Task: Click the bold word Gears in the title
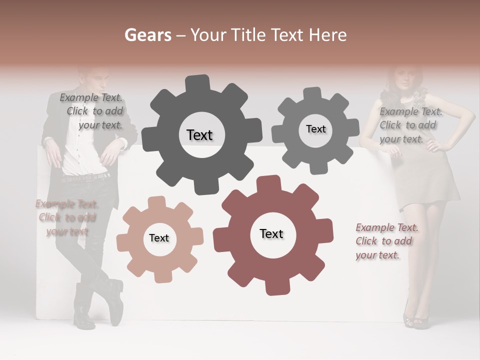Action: (x=147, y=35)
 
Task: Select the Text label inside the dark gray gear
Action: (x=199, y=135)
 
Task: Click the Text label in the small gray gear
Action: (x=315, y=129)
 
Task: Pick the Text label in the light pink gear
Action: (x=159, y=238)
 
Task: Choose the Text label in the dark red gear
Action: (x=271, y=234)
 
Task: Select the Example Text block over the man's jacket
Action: (x=92, y=111)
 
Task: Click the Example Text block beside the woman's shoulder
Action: (x=410, y=125)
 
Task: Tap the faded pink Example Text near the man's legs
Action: (x=66, y=217)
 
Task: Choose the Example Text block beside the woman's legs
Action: (x=386, y=241)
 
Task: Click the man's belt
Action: (x=86, y=177)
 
